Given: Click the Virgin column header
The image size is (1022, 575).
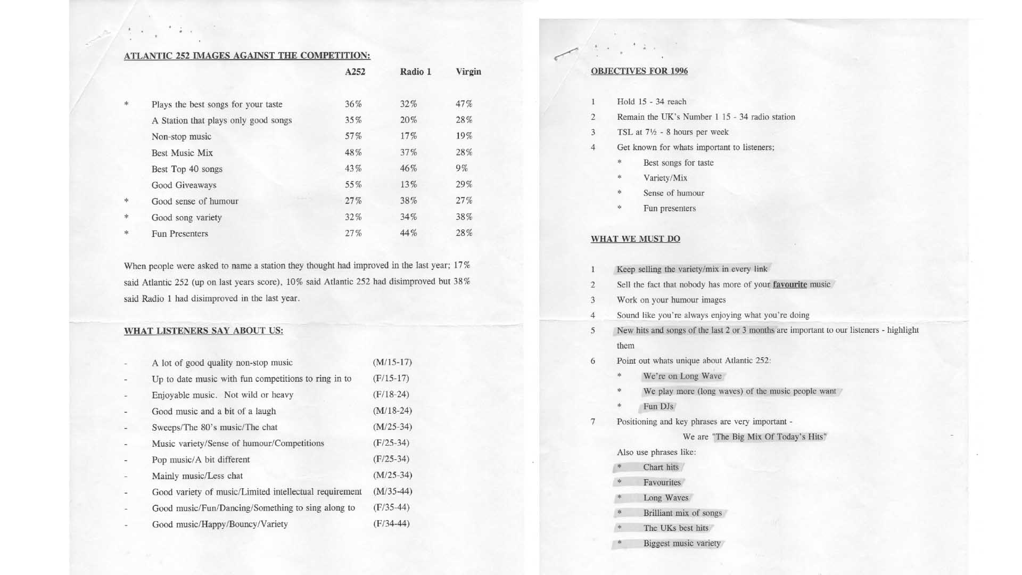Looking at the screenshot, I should pos(468,72).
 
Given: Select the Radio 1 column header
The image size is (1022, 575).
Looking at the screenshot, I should pos(415,72).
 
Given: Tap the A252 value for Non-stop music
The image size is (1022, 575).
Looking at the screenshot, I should pos(353,136).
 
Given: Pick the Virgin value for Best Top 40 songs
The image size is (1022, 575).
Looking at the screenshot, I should pos(461,169).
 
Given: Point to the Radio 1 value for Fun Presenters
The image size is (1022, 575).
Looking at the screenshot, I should pos(409,233).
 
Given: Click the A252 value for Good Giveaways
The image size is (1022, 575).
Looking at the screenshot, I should pos(353,185).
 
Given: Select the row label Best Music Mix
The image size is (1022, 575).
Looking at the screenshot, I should pos(182,153).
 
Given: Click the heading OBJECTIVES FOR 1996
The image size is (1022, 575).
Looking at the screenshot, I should pos(639,71).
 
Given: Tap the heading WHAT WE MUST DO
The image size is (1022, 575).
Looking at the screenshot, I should pos(636,239).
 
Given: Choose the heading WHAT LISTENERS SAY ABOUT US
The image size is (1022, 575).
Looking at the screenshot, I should pos(203,331).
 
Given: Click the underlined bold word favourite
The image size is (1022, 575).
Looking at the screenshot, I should pos(790,284).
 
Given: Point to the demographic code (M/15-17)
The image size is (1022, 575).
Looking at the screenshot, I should pos(392,363).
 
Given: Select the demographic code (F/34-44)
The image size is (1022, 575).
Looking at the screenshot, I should pos(391,523).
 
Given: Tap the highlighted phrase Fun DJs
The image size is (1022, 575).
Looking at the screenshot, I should pos(658,406).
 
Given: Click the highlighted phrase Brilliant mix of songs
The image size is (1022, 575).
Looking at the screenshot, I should pos(682,513).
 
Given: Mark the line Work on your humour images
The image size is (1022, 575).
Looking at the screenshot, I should pos(671,300).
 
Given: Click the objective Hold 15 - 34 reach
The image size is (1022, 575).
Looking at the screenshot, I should pos(652,102).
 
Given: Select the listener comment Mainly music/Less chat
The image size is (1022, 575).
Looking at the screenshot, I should pos(197,476).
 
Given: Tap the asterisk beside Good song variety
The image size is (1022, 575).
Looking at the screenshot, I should pos(127,217).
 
